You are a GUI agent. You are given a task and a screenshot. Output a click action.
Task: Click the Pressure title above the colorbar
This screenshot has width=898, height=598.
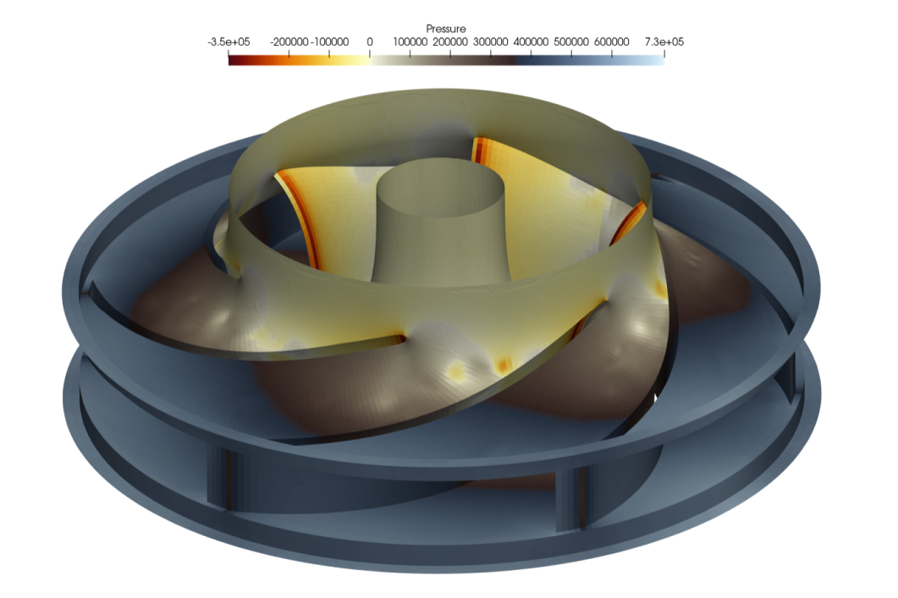[x=445, y=29]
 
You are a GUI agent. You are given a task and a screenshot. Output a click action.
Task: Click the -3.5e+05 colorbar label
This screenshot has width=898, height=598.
[x=229, y=41]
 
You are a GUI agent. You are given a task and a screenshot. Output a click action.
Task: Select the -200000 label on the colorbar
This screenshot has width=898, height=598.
[x=289, y=41]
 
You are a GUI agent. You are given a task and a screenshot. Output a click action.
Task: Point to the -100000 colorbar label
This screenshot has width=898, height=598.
[x=329, y=41]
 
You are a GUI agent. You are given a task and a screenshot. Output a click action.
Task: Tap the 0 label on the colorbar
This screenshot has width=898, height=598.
[x=369, y=41]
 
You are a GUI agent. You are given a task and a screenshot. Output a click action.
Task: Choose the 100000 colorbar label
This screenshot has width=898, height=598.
[x=410, y=41]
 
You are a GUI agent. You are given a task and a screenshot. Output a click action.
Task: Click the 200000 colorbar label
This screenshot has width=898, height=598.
[x=450, y=41]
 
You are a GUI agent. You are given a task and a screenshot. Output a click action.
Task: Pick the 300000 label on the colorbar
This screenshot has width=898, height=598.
[x=491, y=41]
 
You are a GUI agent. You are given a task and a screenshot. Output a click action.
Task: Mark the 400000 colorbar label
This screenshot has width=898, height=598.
[x=531, y=41]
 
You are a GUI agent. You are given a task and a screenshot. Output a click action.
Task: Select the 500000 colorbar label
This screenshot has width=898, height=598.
[x=571, y=41]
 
